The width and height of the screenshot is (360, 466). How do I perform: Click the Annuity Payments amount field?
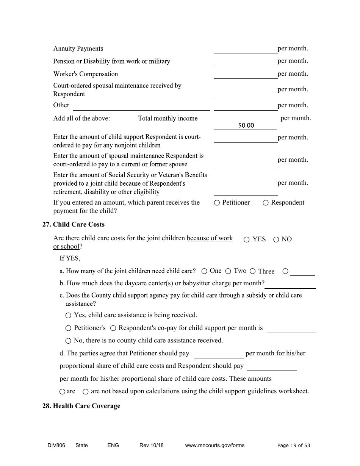coord(246,49)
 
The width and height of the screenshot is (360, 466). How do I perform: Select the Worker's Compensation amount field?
coord(246,74)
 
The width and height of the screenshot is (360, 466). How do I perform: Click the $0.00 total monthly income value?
coord(246,125)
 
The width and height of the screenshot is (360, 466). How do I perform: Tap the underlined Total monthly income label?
coord(167,118)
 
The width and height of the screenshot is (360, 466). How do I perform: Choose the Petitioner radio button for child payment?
coord(217,203)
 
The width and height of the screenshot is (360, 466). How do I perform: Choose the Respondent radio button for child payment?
coord(266,203)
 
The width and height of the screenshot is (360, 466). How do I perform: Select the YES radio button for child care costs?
coord(247,239)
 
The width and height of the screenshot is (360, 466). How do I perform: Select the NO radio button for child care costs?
coord(276,239)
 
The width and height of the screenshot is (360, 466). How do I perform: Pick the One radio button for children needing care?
coord(204,271)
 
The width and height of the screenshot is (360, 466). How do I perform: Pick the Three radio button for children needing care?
coord(253,271)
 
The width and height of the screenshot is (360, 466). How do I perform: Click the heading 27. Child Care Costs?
coord(73,224)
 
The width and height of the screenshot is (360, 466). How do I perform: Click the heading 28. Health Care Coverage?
coord(81,406)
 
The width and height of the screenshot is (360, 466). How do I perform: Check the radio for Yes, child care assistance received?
coord(68,315)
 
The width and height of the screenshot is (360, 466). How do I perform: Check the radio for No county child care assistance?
coord(68,341)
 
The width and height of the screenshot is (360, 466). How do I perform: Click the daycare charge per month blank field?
coord(290,284)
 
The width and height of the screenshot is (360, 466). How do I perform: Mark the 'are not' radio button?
coord(86,391)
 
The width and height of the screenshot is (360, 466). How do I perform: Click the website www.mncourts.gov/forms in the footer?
coord(214,445)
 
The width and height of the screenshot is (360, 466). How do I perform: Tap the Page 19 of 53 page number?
coord(293,445)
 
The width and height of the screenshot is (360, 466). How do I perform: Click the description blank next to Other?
coord(141,106)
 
